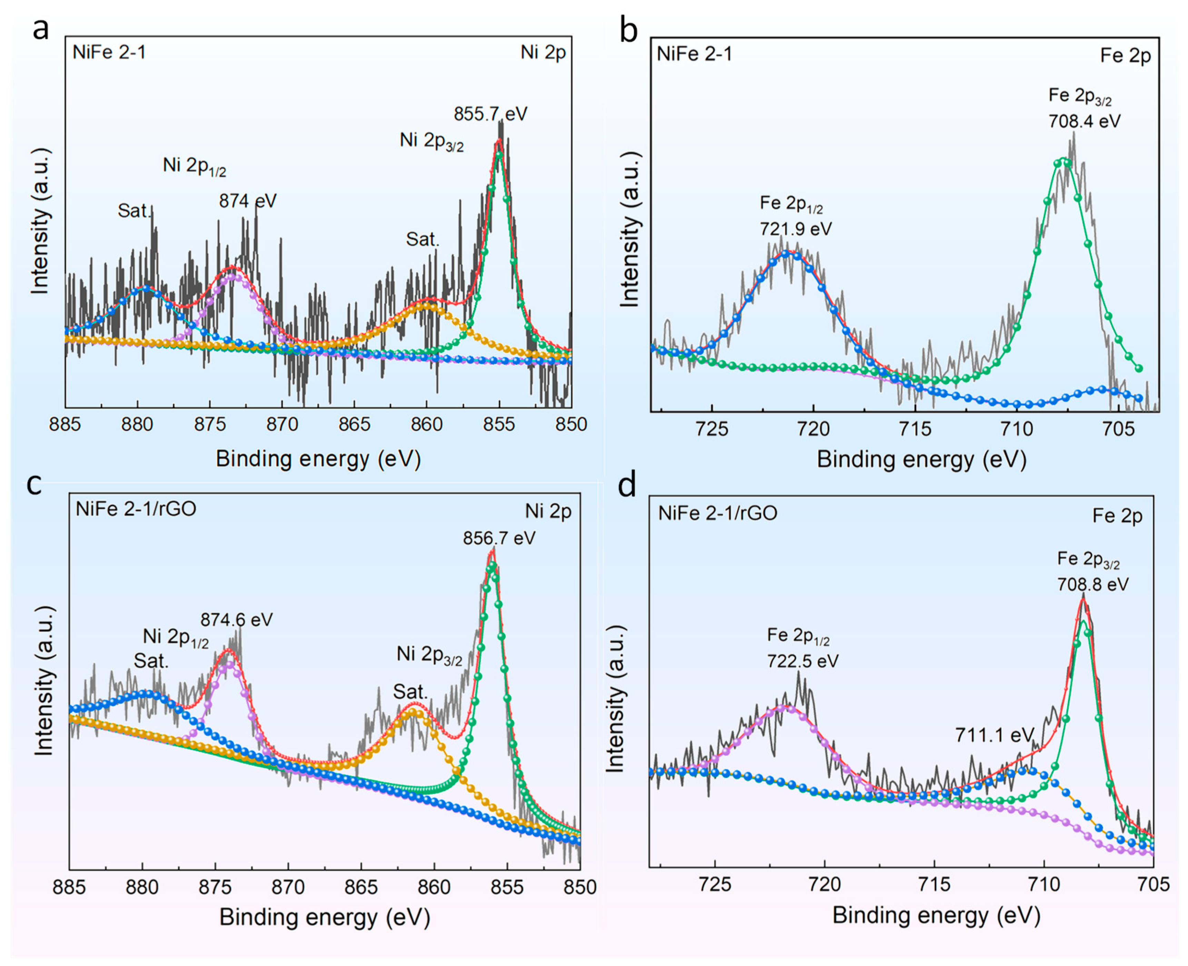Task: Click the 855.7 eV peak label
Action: point(490,114)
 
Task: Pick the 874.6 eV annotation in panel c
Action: point(237,620)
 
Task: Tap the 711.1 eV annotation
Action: point(994,735)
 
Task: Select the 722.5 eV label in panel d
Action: point(802,661)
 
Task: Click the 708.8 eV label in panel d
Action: point(1093,584)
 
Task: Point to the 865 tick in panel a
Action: point(355,425)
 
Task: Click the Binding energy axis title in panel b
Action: point(921,460)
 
